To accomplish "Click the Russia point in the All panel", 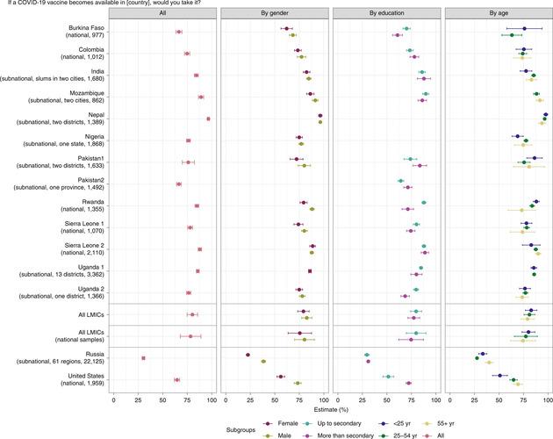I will coord(143,357).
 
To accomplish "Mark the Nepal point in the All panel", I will coord(208,119).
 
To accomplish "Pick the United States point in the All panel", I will coord(177,379).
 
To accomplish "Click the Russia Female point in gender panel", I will coord(248,355).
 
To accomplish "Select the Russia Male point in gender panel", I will coord(263,361).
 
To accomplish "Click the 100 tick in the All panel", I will coord(211,399).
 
